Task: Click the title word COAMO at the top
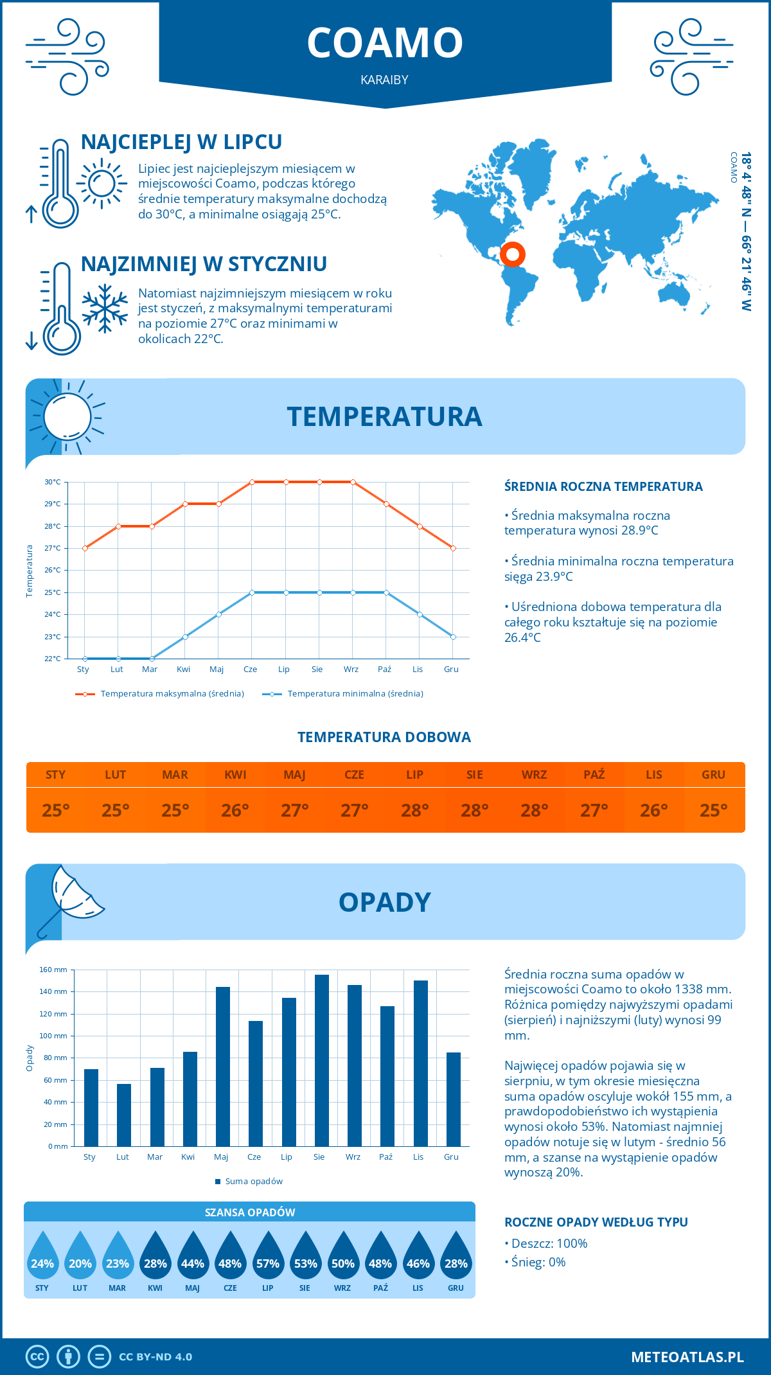coord(385,43)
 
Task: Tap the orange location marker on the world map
coord(513,254)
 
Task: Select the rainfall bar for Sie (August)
coord(322,1060)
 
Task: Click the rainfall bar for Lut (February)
coord(124,1115)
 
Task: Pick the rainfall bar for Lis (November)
coord(421,1063)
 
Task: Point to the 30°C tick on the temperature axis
coord(53,482)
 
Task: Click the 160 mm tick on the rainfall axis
coord(54,970)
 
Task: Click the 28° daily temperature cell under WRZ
coord(535,810)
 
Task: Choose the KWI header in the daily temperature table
coord(235,775)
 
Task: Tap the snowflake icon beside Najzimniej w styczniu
coord(105,308)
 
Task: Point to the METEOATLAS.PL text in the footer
coord(687,1357)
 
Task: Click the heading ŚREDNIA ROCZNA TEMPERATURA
coord(603,486)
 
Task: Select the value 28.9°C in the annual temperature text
coord(637,531)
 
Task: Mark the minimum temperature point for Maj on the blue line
coord(218,614)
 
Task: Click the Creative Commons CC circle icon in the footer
coord(37,1357)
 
